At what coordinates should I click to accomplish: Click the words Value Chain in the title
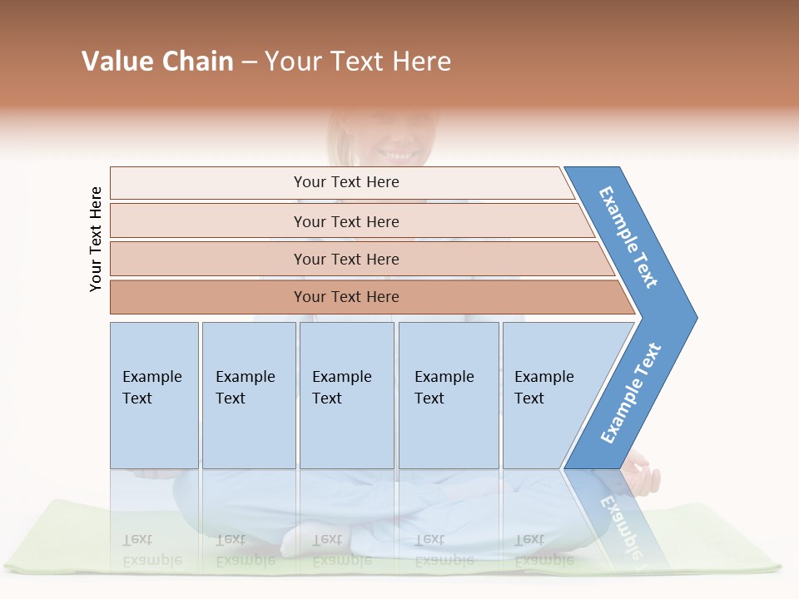pos(157,61)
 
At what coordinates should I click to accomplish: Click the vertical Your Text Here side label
pos(96,239)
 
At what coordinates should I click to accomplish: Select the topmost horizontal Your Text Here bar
pos(346,182)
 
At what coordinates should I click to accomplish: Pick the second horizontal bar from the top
pos(346,221)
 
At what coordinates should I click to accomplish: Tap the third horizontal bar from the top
pos(346,259)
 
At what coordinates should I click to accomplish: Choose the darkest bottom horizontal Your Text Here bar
pos(346,297)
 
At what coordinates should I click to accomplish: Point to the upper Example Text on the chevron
pos(629,237)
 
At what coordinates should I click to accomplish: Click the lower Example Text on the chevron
pos(631,394)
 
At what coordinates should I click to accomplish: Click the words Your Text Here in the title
pos(358,61)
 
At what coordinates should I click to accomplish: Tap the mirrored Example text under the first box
pos(151,550)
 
